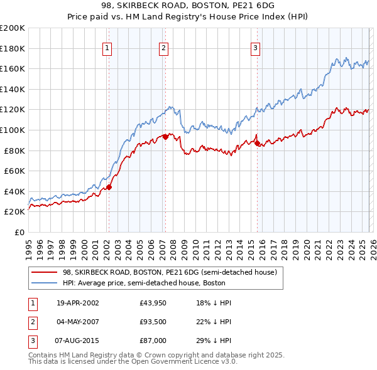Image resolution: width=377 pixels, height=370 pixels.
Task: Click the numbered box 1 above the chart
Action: (107, 48)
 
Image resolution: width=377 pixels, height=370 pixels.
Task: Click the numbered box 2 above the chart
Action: (163, 48)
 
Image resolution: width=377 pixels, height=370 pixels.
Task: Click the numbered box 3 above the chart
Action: (256, 48)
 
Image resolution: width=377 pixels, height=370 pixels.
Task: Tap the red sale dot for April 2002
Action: (109, 187)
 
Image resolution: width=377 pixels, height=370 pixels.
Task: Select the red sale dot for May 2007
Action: (165, 136)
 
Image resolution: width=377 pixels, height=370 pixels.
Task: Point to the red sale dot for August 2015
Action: (257, 143)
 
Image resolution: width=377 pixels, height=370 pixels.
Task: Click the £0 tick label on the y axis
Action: (18, 232)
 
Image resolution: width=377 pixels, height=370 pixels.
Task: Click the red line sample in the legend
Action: (45, 272)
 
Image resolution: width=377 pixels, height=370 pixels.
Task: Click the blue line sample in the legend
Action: (45, 283)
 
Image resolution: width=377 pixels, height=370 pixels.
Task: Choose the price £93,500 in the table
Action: (153, 323)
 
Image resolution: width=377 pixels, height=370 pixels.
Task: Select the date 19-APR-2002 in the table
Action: (78, 303)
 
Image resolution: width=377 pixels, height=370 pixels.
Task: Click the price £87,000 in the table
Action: (153, 343)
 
